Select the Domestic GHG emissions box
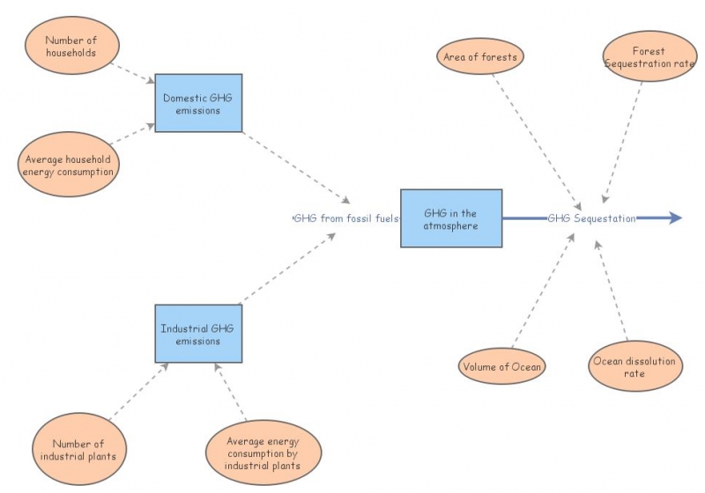pyautogui.click(x=198, y=103)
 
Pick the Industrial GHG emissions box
pyautogui.click(x=198, y=334)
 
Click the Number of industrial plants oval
pyautogui.click(x=78, y=450)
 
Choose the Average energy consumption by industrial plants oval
pyautogui.click(x=263, y=453)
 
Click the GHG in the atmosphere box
pyautogui.click(x=450, y=218)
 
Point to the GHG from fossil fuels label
pyautogui.click(x=346, y=218)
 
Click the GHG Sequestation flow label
pyautogui.click(x=590, y=218)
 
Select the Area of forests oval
pyautogui.click(x=480, y=57)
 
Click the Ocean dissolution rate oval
pyautogui.click(x=634, y=367)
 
